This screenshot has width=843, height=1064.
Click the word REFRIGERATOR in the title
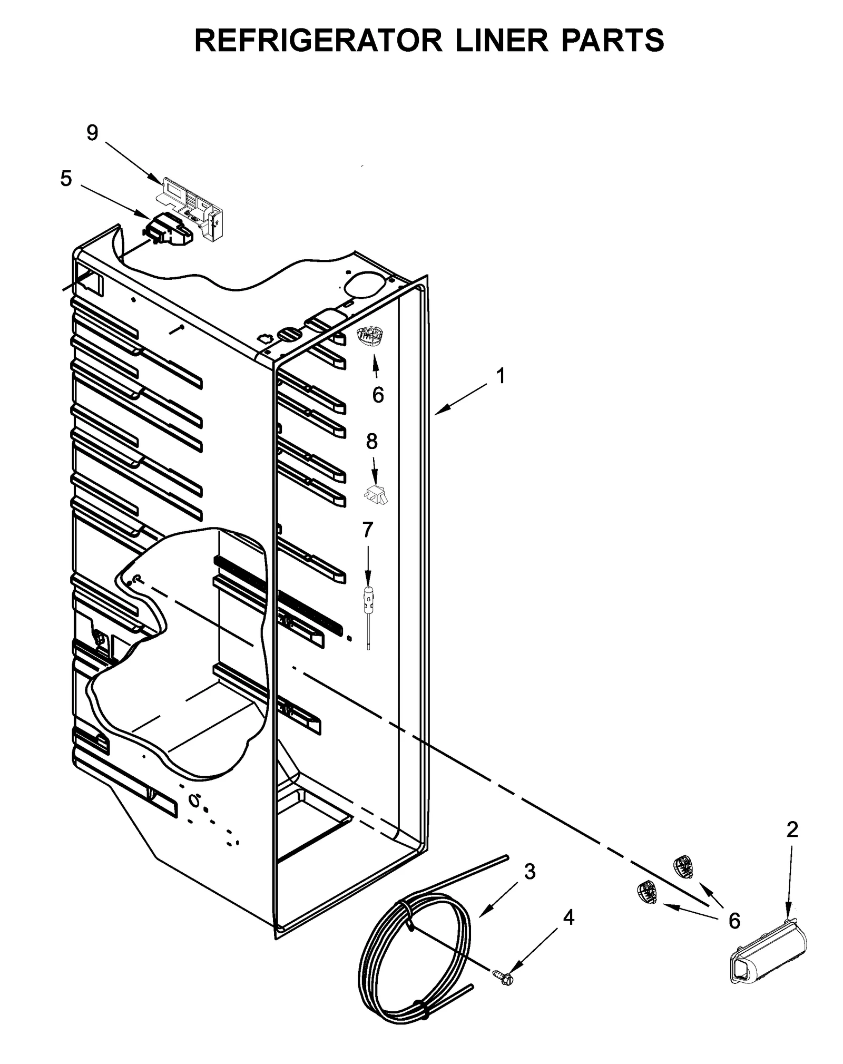[x=318, y=41]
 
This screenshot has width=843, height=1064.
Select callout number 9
[x=92, y=133]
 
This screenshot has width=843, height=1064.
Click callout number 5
[x=66, y=179]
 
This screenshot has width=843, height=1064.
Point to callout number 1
[x=501, y=376]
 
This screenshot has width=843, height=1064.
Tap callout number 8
[x=372, y=441]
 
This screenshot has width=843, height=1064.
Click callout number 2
[x=792, y=830]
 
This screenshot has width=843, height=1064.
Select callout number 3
[x=530, y=872]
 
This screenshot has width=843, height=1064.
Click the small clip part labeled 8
[x=375, y=495]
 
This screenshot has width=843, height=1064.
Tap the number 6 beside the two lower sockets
[x=734, y=920]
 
